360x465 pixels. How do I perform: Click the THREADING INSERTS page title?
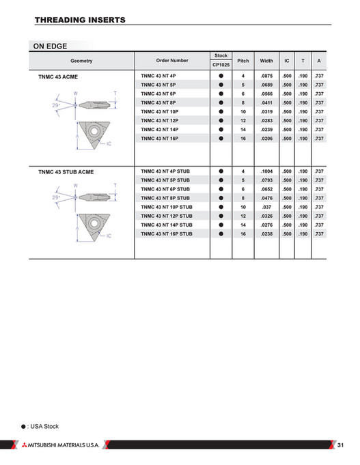(x=80, y=20)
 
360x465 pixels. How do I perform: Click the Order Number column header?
(x=171, y=61)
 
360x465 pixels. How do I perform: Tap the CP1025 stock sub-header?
(x=221, y=65)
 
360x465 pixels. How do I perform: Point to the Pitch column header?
(x=243, y=61)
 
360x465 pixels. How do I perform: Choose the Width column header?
(x=266, y=61)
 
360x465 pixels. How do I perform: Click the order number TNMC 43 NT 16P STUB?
(x=166, y=234)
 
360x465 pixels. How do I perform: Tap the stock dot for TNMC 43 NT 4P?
(x=221, y=76)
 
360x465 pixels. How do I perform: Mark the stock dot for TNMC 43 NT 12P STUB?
(x=221, y=216)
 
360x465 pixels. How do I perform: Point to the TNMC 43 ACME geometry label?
(x=60, y=77)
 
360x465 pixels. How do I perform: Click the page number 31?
(x=342, y=445)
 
